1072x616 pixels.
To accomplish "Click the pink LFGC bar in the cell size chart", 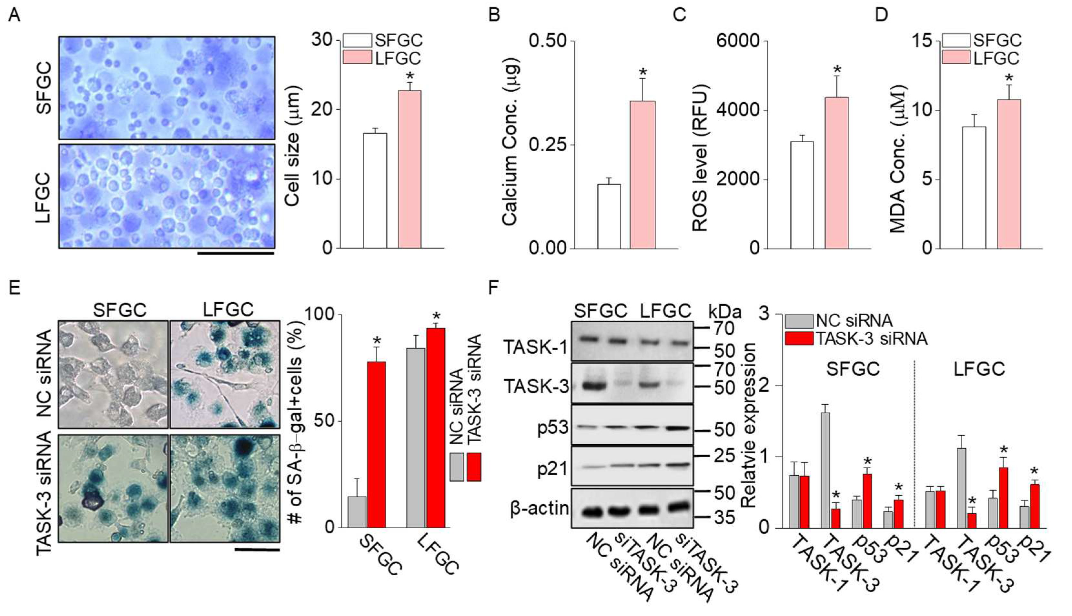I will [410, 169].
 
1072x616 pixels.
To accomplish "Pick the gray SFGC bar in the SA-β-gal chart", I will [357, 511].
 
